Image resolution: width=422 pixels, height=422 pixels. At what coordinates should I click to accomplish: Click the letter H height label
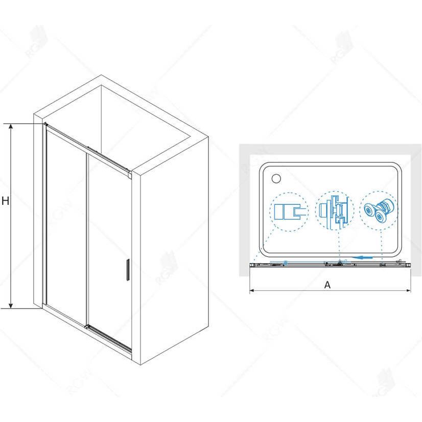coord(6,201)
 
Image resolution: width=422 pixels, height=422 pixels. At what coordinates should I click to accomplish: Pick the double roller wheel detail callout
coord(378,210)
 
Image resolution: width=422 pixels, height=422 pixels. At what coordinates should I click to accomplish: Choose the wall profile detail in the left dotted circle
coord(290,212)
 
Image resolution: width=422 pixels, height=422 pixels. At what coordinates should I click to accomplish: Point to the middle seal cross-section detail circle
coord(334,210)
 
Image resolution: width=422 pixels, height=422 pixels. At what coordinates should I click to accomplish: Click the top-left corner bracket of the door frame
coord(46,125)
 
